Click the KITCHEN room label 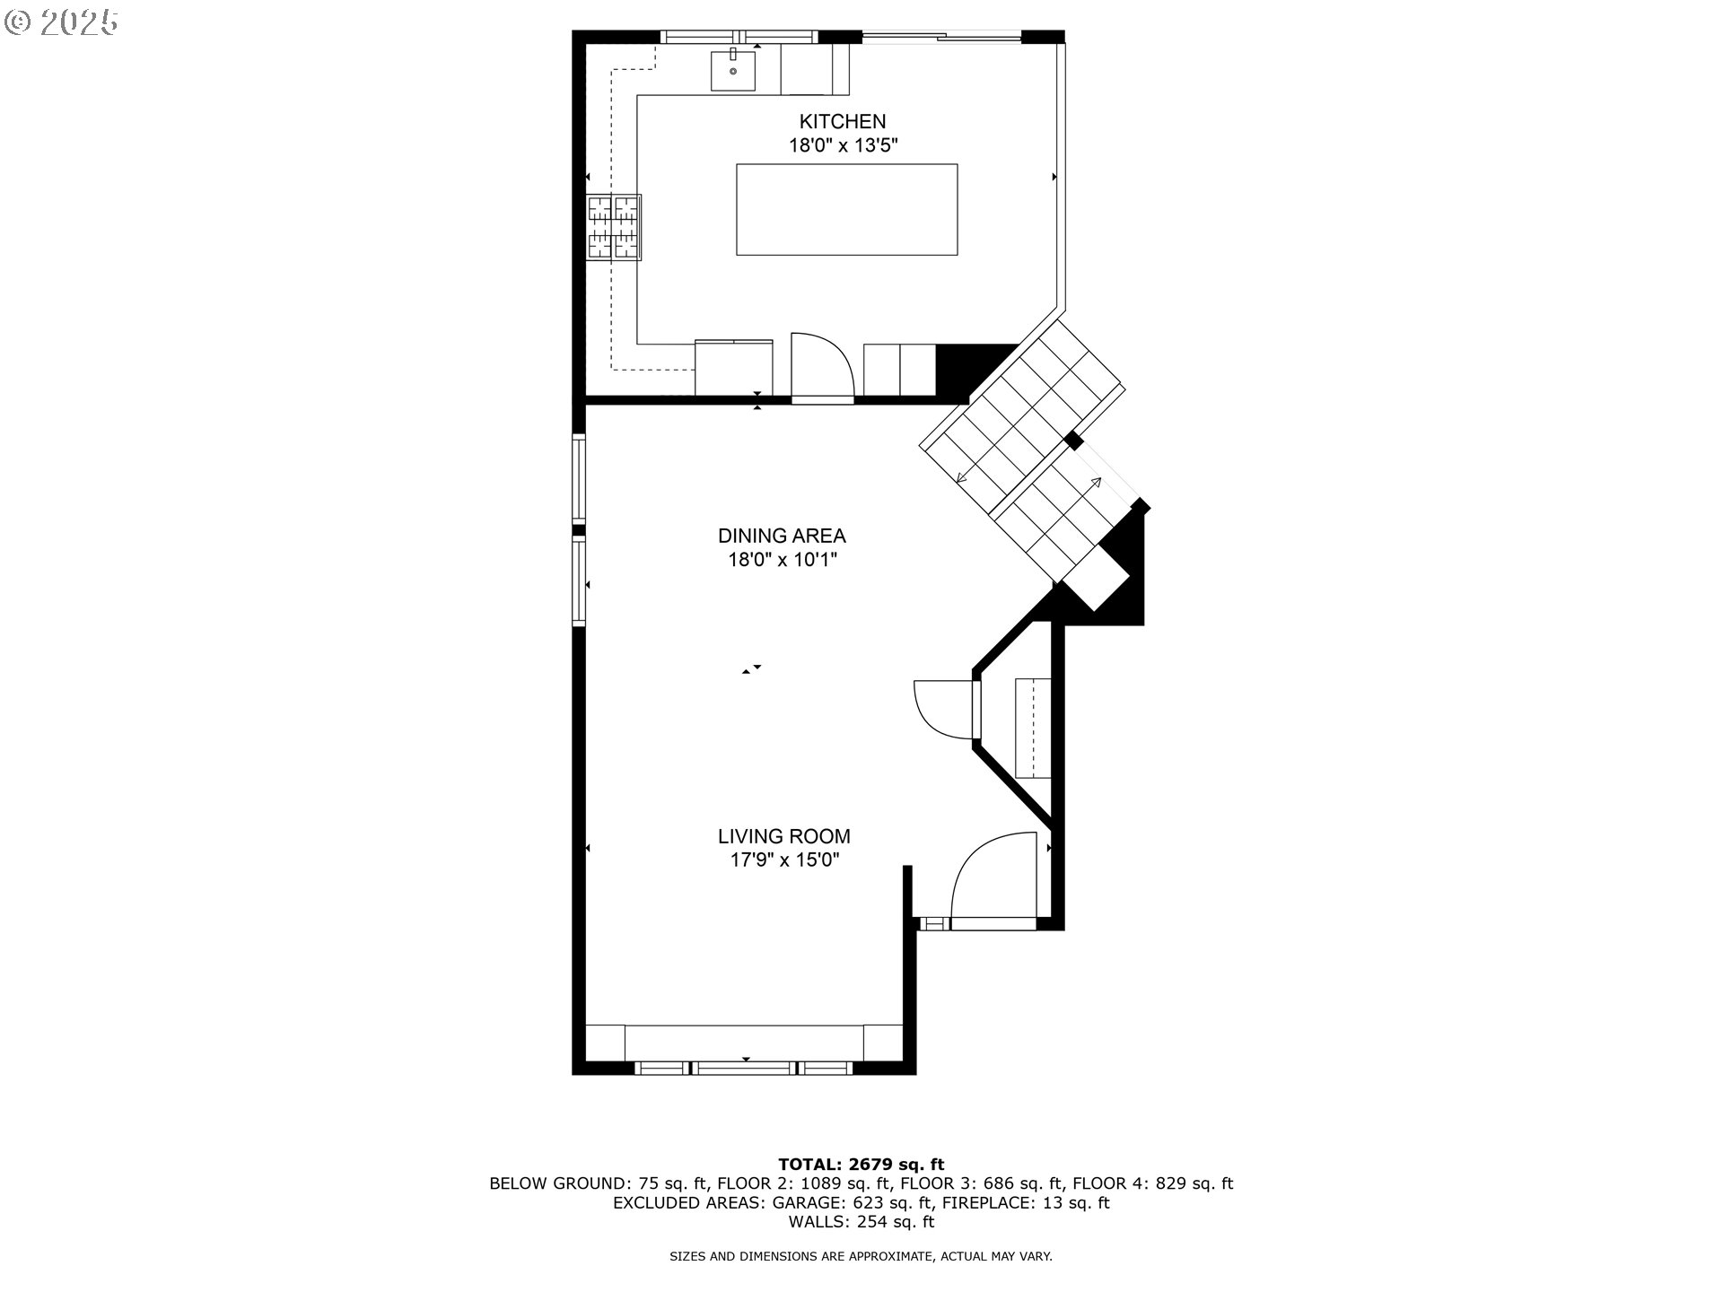843,121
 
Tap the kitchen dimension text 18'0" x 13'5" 843,145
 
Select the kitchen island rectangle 846,209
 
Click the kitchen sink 733,70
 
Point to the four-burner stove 614,227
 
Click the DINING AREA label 782,536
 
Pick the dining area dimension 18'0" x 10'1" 782,560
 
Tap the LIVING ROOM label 783,836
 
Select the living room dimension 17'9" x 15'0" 783,860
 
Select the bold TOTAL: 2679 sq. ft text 861,1165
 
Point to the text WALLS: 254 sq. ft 861,1221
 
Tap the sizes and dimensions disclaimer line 861,1256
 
